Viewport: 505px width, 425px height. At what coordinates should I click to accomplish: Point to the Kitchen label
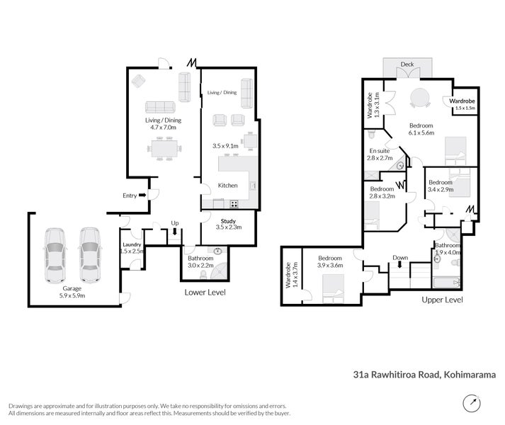(227, 186)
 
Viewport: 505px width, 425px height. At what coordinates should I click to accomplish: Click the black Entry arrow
(143, 195)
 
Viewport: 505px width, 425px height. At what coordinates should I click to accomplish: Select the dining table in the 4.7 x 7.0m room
(164, 149)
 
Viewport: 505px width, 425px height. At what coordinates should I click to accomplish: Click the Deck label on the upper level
(407, 64)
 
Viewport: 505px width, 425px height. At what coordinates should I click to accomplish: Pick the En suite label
(379, 151)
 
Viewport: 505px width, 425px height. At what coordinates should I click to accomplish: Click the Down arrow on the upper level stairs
(400, 266)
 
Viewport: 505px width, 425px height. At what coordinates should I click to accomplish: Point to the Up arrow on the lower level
(175, 230)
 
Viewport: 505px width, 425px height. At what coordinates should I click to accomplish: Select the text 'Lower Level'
(205, 292)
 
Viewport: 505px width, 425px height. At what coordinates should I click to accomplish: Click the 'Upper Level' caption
(443, 300)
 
